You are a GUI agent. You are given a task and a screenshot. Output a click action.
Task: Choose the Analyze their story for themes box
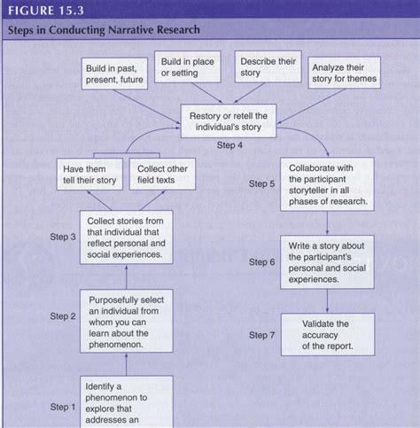click(x=344, y=74)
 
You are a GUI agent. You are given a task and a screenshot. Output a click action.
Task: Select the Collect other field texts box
click(x=164, y=175)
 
